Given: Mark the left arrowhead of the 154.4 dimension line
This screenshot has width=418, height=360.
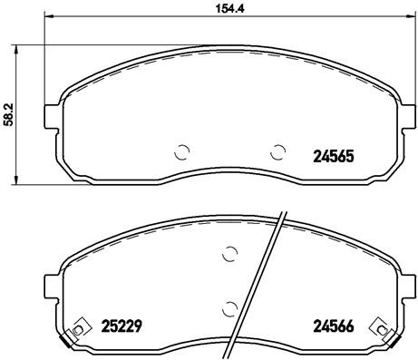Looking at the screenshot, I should [x=49, y=19].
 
